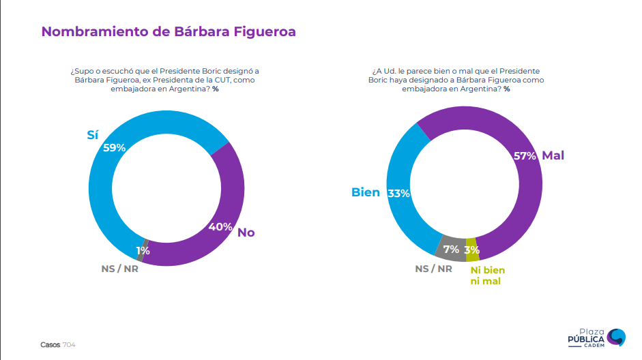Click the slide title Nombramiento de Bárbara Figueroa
click(x=169, y=31)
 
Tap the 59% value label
click(x=115, y=147)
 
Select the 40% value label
click(x=220, y=226)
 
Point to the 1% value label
click(x=143, y=250)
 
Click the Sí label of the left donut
click(x=93, y=134)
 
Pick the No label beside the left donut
click(x=246, y=232)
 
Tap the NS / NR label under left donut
click(x=119, y=268)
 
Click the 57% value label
click(x=525, y=155)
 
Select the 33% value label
click(x=398, y=193)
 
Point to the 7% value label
click(x=451, y=250)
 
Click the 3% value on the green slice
click(x=471, y=250)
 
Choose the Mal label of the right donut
click(x=553, y=155)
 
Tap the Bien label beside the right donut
click(x=366, y=192)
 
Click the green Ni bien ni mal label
click(x=487, y=275)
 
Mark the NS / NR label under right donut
click(x=433, y=268)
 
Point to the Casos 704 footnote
click(x=58, y=345)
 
